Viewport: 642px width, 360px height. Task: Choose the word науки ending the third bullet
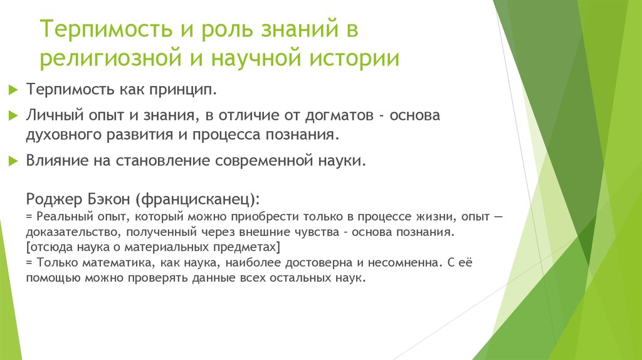[x=342, y=161]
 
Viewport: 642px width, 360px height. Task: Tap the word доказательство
[x=67, y=232]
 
